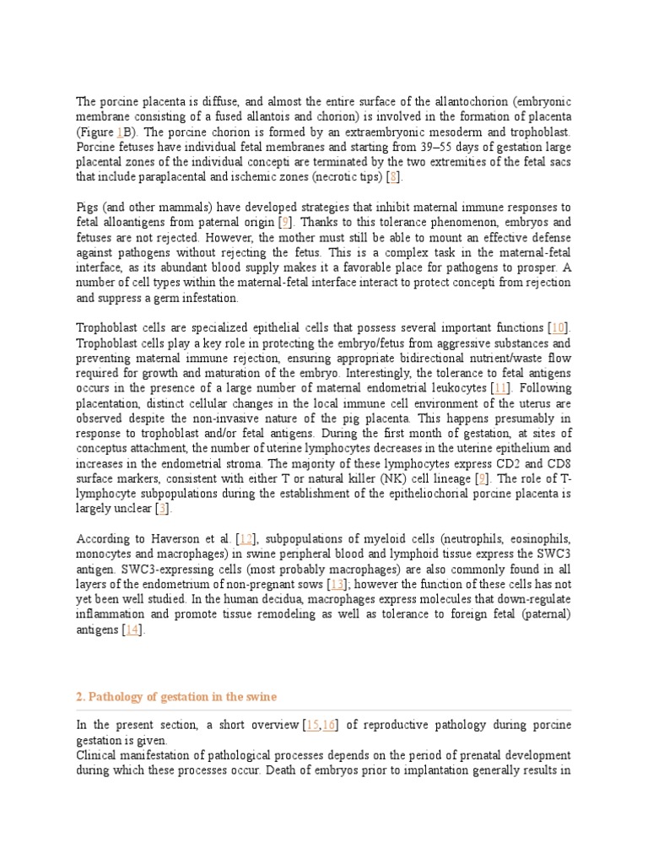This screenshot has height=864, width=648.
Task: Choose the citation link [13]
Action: click(x=337, y=584)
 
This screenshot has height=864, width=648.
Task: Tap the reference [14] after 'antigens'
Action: click(x=131, y=629)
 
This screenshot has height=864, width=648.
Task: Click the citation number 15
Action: click(x=314, y=725)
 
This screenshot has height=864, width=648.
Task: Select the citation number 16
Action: click(x=329, y=725)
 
